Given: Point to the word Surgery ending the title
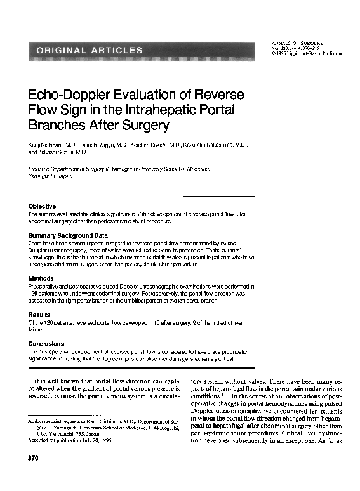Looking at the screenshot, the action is point(149,125).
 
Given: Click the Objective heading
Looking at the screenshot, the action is point(42,206).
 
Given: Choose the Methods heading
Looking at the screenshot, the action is point(41,278).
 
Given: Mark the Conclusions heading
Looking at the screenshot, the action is point(46,344).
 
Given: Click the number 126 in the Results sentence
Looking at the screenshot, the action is point(55,322).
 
